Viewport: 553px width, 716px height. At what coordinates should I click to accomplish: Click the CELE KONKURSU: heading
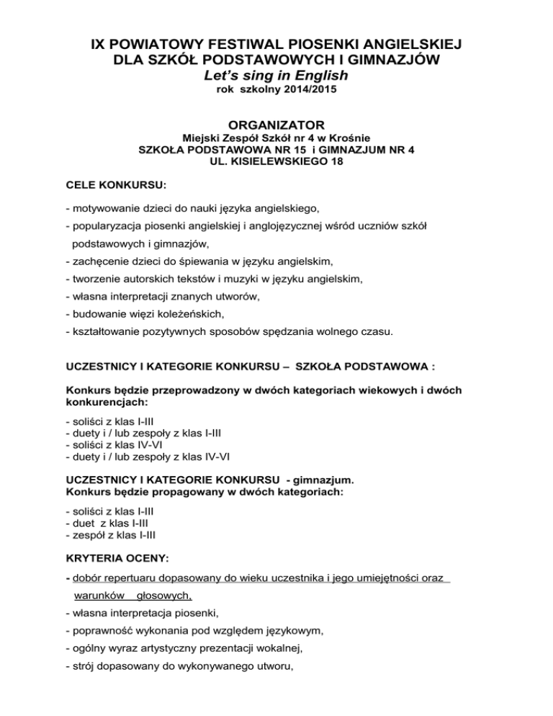(115, 185)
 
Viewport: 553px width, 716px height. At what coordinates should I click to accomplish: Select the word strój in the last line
(82, 668)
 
